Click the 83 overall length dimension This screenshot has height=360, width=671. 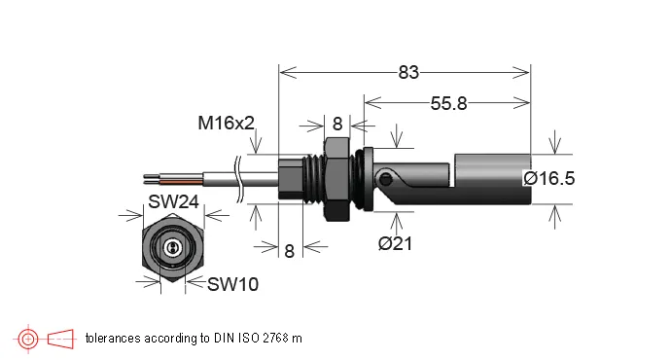[x=408, y=72]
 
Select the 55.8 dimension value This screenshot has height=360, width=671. [x=448, y=103]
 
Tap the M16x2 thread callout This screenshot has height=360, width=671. [x=226, y=124]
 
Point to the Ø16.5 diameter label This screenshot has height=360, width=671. [x=549, y=178]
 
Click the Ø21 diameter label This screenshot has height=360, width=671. [x=395, y=243]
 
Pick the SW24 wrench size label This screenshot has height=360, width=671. [x=173, y=201]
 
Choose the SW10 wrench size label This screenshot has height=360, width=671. [x=232, y=284]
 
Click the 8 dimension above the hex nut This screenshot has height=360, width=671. [x=337, y=125]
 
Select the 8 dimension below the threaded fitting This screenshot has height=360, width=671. [x=289, y=251]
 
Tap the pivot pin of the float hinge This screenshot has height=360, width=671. [x=385, y=179]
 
